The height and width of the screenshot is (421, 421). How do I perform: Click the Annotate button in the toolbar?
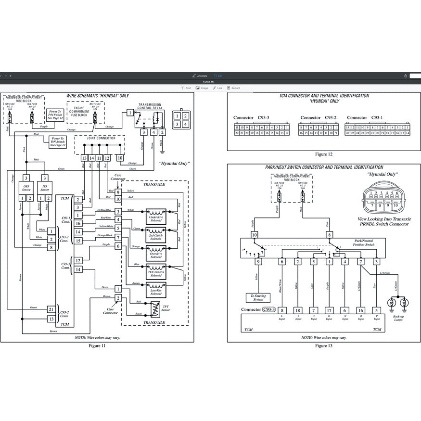tap(200, 76)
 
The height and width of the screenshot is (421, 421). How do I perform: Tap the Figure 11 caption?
tap(97, 345)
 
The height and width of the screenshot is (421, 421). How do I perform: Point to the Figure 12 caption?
tap(324, 154)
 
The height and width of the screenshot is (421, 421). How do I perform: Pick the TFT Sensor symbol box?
tap(155, 308)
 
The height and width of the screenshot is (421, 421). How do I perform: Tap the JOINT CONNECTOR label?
tap(101, 138)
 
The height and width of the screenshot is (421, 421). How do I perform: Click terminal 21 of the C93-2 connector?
tap(51, 309)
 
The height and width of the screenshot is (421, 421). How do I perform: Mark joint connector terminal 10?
tap(120, 158)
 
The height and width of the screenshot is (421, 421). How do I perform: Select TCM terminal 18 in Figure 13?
tap(298, 310)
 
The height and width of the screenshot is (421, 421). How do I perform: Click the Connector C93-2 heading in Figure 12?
tap(318, 118)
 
